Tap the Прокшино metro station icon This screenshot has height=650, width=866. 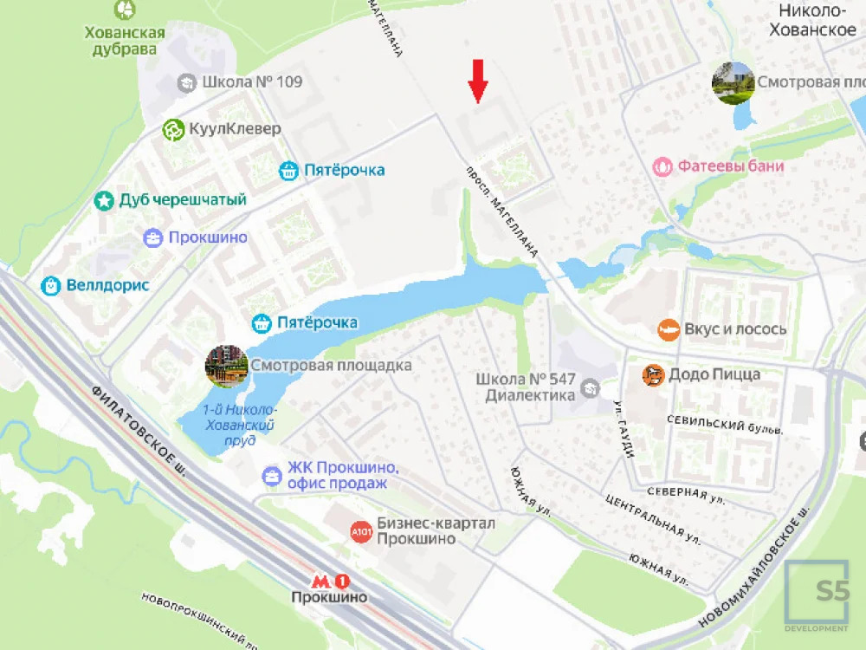point(330,582)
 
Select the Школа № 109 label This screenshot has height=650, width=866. point(251,82)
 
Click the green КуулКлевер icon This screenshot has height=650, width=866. point(173,130)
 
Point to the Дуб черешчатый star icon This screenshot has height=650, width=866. point(104,201)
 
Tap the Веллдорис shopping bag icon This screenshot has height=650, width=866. point(51,285)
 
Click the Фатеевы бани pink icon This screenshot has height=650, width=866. point(662,166)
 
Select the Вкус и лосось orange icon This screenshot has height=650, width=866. point(668,329)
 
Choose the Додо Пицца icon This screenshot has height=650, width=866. point(652,375)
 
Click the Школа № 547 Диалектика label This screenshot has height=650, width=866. point(530,387)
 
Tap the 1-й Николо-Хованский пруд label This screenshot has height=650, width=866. point(238,425)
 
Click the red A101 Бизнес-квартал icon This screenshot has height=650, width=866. point(361,531)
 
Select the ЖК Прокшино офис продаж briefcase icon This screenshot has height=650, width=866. point(272,475)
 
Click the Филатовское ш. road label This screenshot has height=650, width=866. point(139,432)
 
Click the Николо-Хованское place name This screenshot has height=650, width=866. point(817,21)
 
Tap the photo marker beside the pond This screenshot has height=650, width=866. point(226,366)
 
